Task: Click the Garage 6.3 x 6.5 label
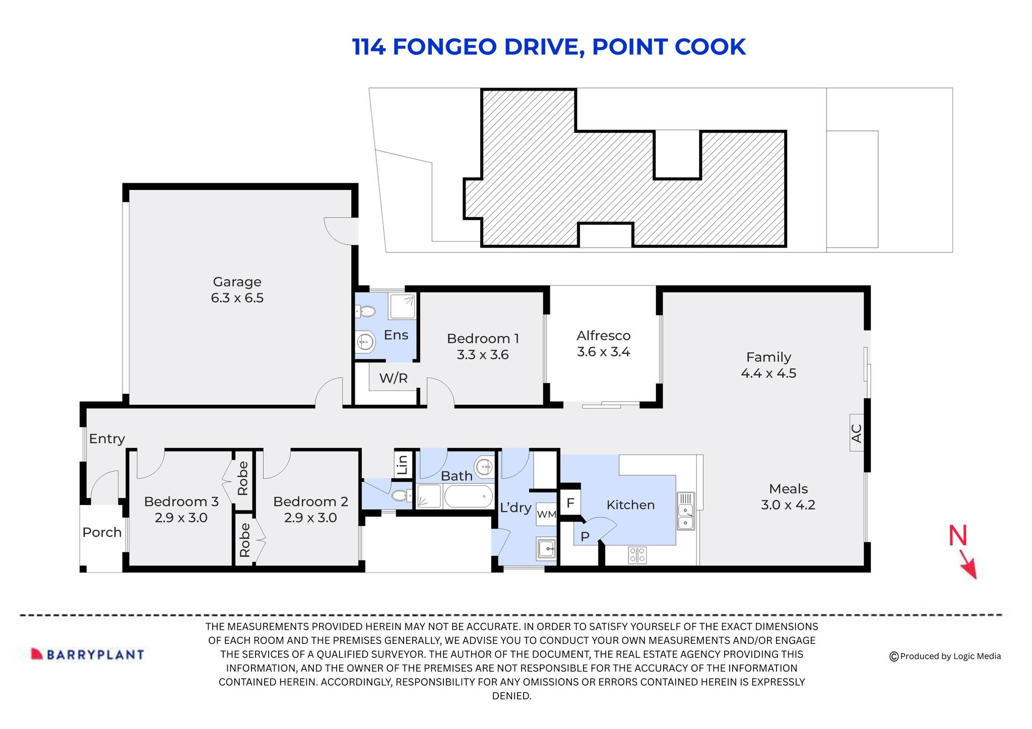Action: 237,290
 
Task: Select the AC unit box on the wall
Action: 856,432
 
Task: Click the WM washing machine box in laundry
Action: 546,514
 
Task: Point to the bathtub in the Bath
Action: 468,497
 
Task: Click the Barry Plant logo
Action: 88,654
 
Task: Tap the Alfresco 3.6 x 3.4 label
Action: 603,343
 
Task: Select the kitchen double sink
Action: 685,511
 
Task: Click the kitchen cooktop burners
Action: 637,555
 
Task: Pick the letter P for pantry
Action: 585,537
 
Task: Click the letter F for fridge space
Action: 570,503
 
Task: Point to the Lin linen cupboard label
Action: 403,464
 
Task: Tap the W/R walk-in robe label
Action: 394,378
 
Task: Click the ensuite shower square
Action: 402,306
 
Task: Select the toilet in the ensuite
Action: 366,313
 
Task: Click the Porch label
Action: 102,532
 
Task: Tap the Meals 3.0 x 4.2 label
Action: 788,496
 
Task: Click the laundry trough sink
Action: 546,548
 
